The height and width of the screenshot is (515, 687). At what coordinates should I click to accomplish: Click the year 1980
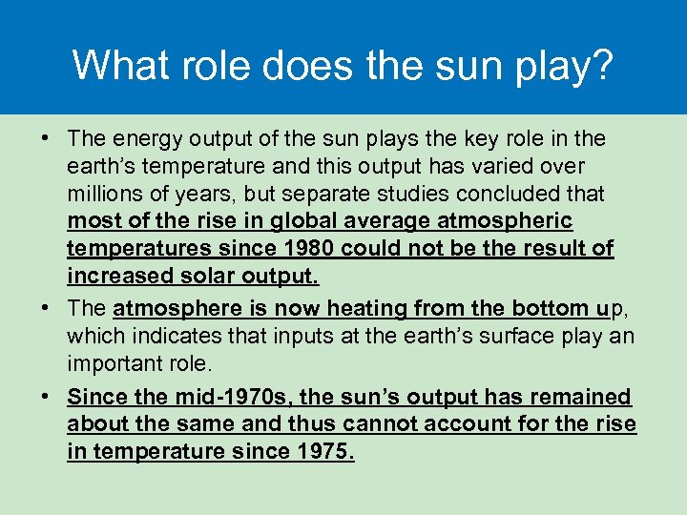(309, 250)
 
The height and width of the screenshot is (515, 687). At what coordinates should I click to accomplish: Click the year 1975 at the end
(327, 452)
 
